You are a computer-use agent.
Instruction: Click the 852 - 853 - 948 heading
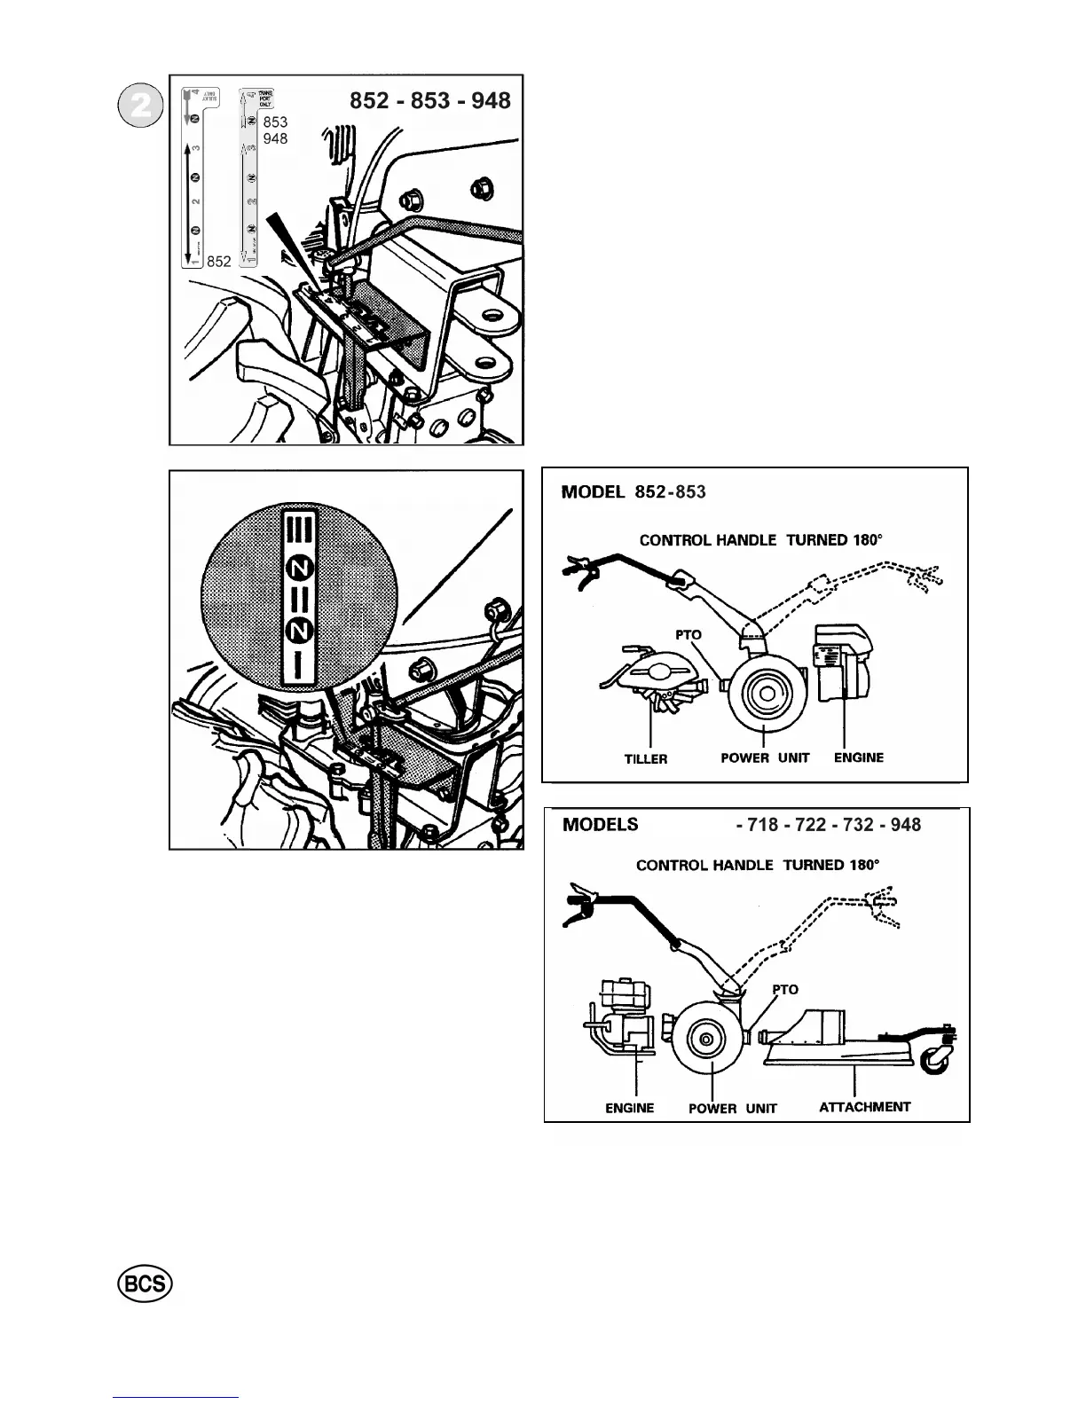coord(430,100)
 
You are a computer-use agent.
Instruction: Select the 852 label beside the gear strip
coord(218,262)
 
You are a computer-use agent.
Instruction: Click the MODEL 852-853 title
coord(633,491)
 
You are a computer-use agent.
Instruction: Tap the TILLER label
coord(646,759)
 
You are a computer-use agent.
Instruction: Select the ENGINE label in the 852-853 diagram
coord(858,757)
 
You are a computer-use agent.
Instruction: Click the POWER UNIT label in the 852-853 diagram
coord(765,758)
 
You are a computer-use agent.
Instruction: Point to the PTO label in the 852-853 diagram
coord(688,635)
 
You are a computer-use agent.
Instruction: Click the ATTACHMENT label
coord(864,1107)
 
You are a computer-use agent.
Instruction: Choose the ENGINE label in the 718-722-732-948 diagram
coord(629,1108)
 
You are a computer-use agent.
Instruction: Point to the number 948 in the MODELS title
coord(905,825)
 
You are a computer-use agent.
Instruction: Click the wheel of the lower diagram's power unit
coord(706,1039)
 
